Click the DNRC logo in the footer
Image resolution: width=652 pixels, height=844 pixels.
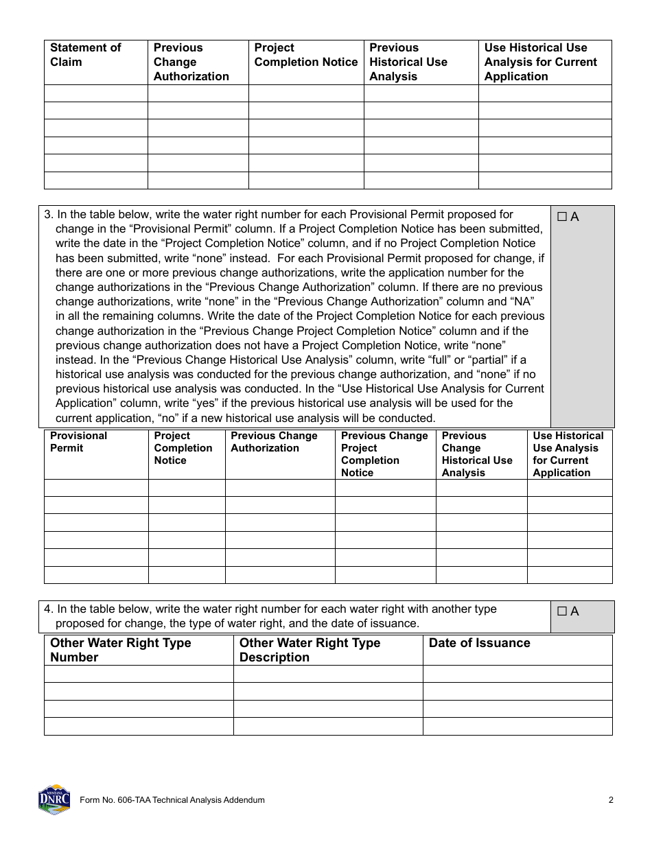pos(54,799)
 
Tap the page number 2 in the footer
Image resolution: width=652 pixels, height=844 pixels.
pos(611,799)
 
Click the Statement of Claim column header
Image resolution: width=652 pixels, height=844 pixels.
pos(85,55)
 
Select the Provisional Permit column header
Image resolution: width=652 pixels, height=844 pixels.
pos(78,442)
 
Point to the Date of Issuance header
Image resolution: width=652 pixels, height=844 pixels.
pos(479,643)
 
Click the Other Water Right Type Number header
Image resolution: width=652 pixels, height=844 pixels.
pos(120,650)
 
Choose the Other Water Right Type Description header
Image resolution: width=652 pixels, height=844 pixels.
pos(310,650)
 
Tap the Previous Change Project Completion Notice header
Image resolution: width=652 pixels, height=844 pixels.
pos(384,454)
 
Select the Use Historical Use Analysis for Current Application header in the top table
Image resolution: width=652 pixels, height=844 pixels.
pos(541,62)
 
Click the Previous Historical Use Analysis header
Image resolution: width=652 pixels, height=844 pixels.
pos(408,62)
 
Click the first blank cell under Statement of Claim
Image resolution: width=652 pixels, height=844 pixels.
pos(96,93)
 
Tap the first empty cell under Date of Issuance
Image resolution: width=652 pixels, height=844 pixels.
pos(517,674)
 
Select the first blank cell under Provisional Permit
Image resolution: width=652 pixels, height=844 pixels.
pos(96,488)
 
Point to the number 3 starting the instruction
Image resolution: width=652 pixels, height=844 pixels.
pos(47,215)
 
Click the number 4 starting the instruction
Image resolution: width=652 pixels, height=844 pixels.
pos(47,609)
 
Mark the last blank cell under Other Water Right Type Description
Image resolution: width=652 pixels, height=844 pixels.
pos(328,726)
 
